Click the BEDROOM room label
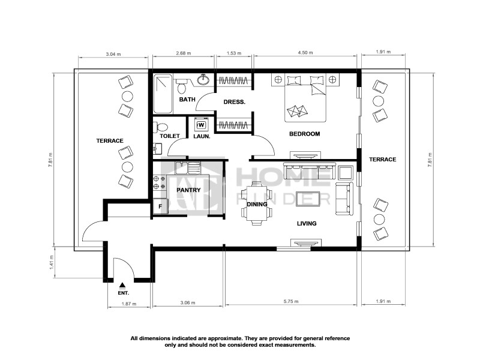[x=304, y=133]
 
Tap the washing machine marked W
[x=201, y=125]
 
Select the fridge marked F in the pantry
[x=160, y=206]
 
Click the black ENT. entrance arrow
[x=123, y=286]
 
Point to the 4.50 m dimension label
[x=305, y=53]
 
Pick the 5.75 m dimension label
[x=292, y=303]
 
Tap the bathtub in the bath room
[x=163, y=94]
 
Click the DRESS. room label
[x=234, y=102]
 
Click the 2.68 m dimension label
[x=183, y=53]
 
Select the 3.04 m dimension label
[x=113, y=53]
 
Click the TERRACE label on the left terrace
[x=109, y=140]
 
